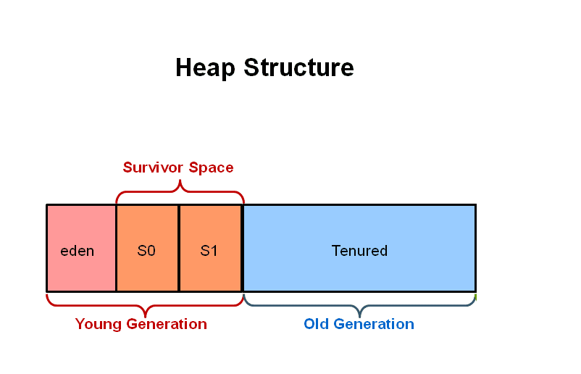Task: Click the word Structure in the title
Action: coord(298,68)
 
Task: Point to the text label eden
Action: coord(77,252)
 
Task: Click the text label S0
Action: coord(146,252)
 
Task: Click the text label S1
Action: coord(209,252)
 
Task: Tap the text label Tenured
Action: coord(359,252)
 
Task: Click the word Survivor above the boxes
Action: coord(154,168)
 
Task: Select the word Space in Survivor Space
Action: coord(211,168)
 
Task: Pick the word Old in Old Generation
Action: coord(316,324)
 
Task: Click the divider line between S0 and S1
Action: coord(179,248)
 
